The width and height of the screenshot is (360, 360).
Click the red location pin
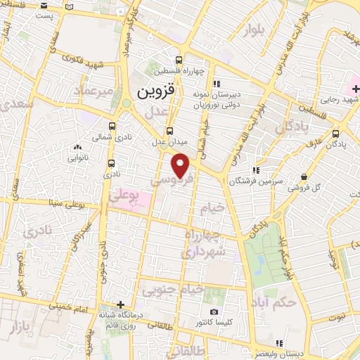(x=181, y=165)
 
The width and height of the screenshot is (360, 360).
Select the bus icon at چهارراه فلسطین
(x=179, y=60)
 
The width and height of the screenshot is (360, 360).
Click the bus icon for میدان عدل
(x=169, y=131)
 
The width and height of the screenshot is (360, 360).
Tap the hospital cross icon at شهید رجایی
(x=349, y=87)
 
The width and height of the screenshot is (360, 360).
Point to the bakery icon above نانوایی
(x=77, y=148)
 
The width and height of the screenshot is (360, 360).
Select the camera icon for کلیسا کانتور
(x=214, y=312)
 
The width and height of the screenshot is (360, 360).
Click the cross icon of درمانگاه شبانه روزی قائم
(x=122, y=304)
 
